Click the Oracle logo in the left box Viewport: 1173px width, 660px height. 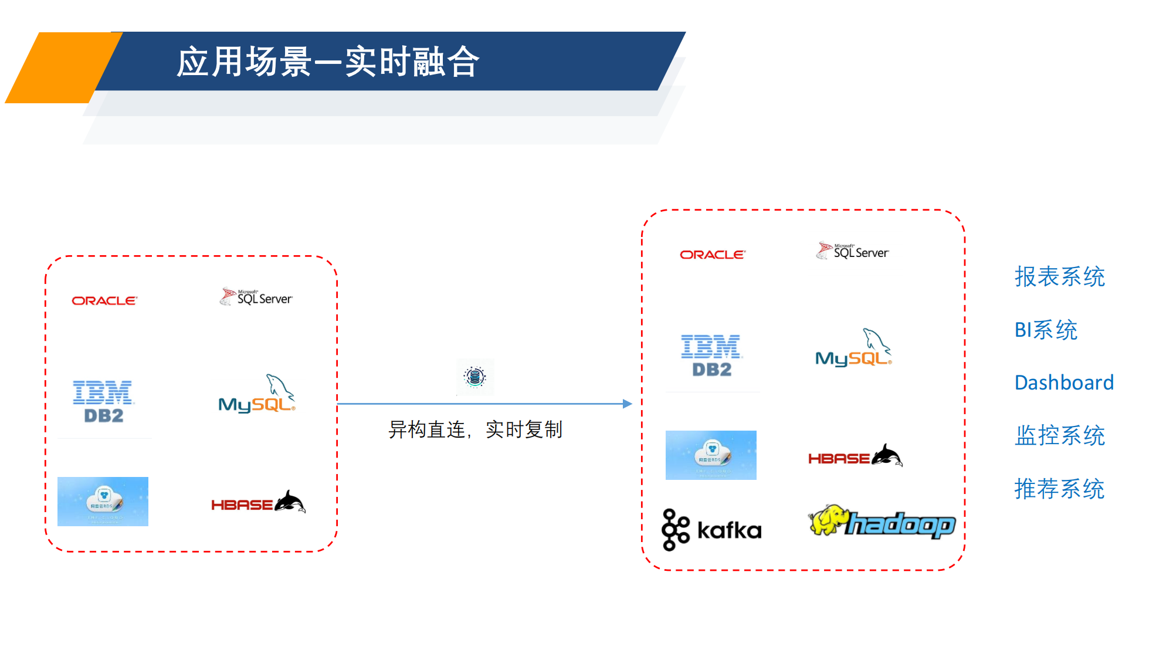tap(104, 301)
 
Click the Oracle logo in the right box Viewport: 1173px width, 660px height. tap(713, 255)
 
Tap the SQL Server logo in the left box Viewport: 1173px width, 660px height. tap(256, 297)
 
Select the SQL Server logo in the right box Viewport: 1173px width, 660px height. tap(853, 252)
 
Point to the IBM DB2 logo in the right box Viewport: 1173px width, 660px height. tap(711, 356)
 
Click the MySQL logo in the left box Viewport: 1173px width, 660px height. tap(257, 395)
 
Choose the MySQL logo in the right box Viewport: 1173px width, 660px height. tap(853, 348)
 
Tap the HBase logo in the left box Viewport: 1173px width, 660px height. tap(258, 503)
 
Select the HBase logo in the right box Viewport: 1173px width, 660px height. tap(855, 456)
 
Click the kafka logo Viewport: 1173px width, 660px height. tap(711, 530)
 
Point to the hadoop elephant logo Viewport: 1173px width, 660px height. tap(882, 522)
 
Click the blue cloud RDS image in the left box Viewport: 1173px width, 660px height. tap(103, 502)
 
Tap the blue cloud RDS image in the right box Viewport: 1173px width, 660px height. tap(711, 455)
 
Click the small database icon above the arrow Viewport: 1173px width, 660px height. tap(475, 377)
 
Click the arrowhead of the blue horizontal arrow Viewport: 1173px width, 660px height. tap(627, 404)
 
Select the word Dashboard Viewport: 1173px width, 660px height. tap(1064, 383)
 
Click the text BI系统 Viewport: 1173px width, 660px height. tap(1046, 330)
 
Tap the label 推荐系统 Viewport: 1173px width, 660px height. tap(1059, 489)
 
